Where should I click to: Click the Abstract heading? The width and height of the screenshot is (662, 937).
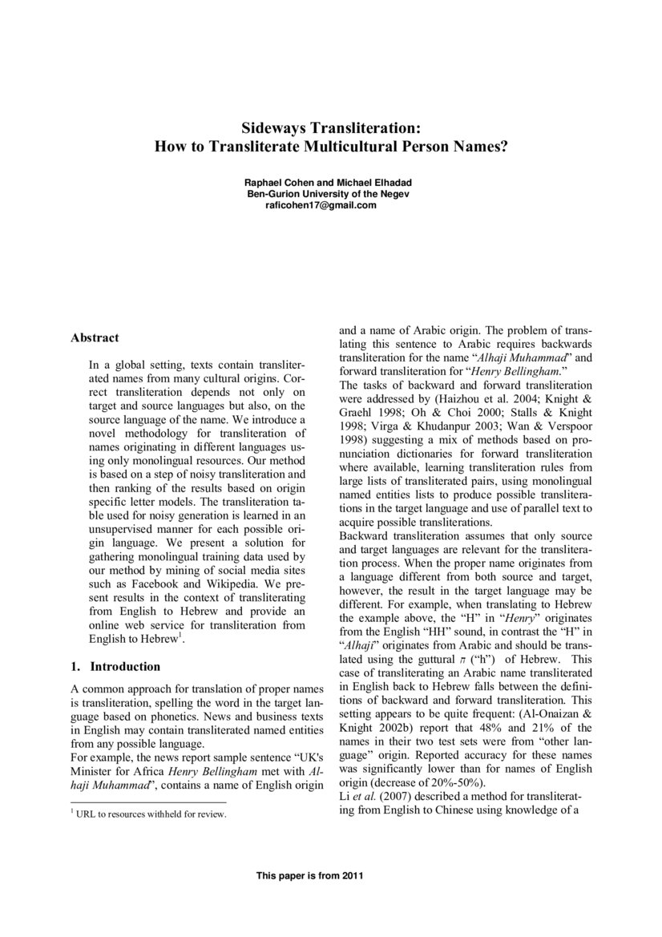coord(95,337)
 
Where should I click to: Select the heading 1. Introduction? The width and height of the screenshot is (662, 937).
coord(115,666)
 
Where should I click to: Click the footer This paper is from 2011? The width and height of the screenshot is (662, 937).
coord(309,876)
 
